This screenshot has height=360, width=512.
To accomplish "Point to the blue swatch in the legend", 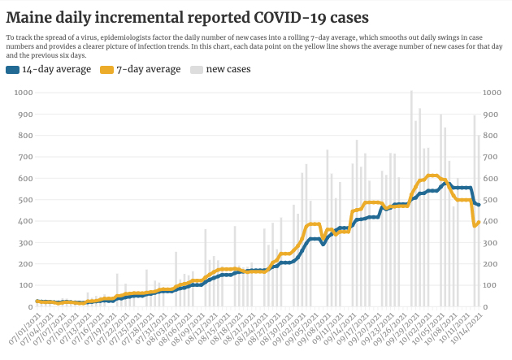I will [12, 70].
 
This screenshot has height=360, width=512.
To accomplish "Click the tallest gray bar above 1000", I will [412, 92].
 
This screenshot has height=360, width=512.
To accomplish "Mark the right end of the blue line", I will [479, 205].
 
